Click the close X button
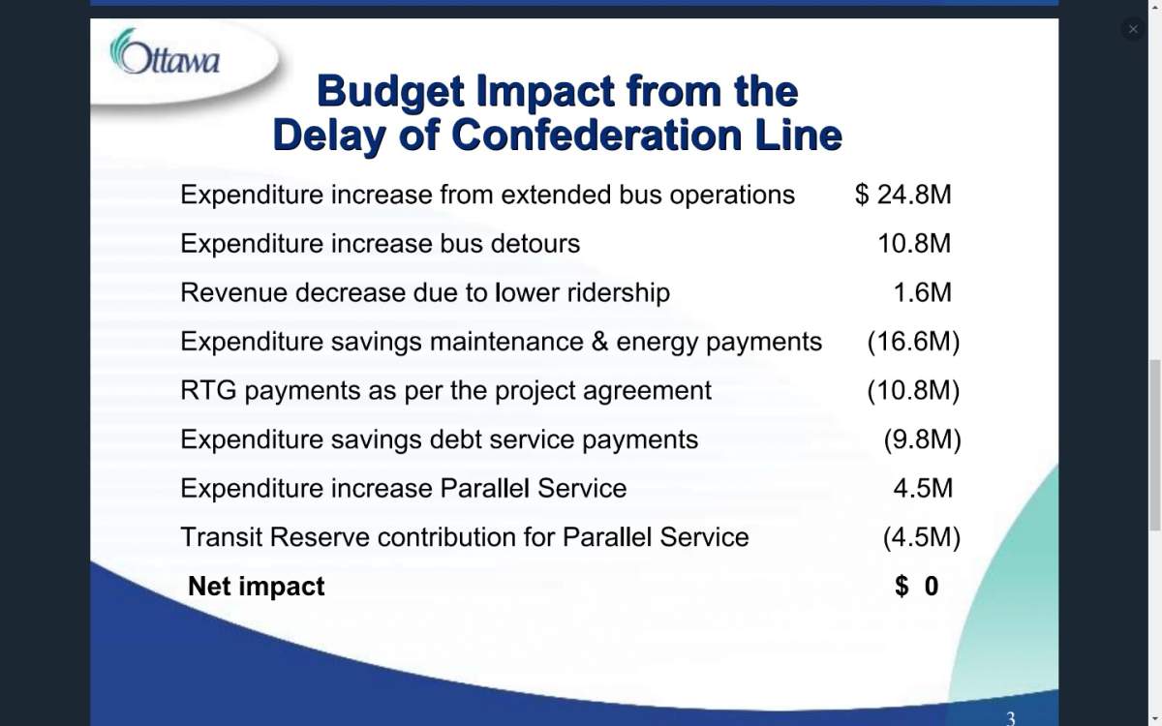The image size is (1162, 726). pyautogui.click(x=1133, y=29)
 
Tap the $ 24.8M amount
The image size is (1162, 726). pyautogui.click(x=902, y=195)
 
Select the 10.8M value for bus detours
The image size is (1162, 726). pyautogui.click(x=914, y=244)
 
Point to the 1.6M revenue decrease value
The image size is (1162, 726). pyautogui.click(x=922, y=292)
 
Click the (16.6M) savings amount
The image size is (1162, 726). pyautogui.click(x=913, y=342)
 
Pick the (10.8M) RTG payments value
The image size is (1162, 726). pyautogui.click(x=913, y=391)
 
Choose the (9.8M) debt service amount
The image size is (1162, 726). pyautogui.click(x=922, y=439)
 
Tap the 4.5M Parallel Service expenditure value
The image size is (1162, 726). pyautogui.click(x=923, y=488)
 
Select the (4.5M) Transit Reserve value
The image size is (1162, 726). pyautogui.click(x=922, y=537)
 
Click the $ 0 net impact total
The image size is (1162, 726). pyautogui.click(x=916, y=587)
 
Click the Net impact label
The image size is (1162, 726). pyautogui.click(x=257, y=587)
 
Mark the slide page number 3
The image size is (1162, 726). pyautogui.click(x=1011, y=717)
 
